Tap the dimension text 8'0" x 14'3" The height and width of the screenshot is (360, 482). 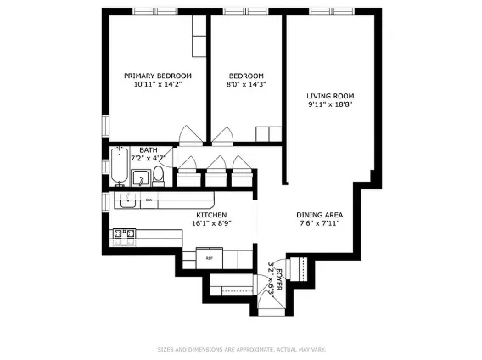click(x=244, y=85)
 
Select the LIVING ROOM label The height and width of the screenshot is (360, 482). click(x=330, y=96)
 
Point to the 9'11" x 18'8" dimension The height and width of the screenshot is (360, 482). click(x=330, y=106)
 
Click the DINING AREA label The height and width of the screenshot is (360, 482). click(x=319, y=214)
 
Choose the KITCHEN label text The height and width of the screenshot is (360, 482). click(x=211, y=215)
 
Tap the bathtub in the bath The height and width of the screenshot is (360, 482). click(x=119, y=167)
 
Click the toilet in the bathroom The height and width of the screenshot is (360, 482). click(x=159, y=176)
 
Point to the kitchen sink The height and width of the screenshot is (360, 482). click(x=126, y=200)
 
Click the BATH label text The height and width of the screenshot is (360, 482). click(x=149, y=150)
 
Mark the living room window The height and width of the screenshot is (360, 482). click(x=322, y=13)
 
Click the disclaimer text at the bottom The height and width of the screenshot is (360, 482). click(x=240, y=348)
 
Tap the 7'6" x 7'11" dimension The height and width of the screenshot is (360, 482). click(x=319, y=224)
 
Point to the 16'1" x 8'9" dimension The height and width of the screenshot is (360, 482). click(x=211, y=224)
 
